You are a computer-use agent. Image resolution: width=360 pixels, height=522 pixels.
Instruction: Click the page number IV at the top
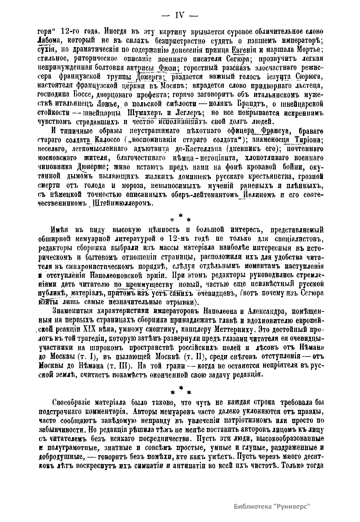click(x=179, y=16)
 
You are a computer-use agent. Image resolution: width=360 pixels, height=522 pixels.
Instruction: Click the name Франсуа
click(x=275, y=131)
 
